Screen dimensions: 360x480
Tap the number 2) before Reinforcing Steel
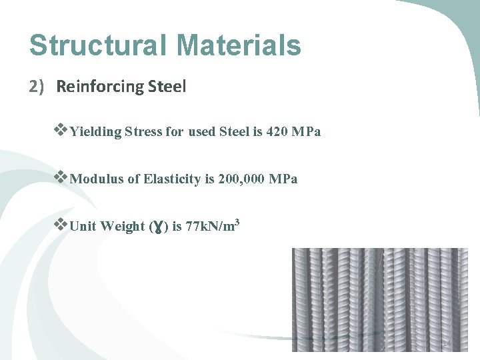(x=37, y=87)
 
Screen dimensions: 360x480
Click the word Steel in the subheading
(x=166, y=87)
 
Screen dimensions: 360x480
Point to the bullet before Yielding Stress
(x=61, y=131)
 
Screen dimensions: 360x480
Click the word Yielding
(x=95, y=132)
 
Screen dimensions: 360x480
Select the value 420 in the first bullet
(x=277, y=131)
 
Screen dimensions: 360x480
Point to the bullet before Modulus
(x=61, y=178)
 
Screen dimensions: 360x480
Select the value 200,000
(x=241, y=179)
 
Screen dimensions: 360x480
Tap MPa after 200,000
(x=283, y=179)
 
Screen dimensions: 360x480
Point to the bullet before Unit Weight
(x=61, y=225)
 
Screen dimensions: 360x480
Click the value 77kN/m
(x=209, y=226)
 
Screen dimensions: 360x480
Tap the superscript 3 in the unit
(x=237, y=221)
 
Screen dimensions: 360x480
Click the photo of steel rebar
(x=380, y=300)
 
